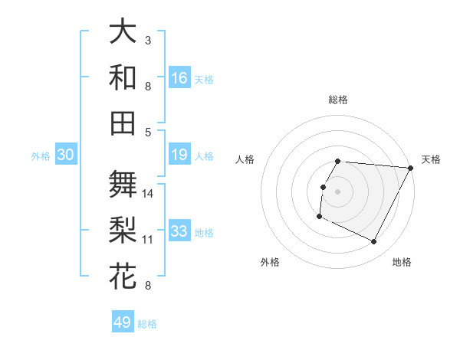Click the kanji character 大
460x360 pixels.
(x=123, y=32)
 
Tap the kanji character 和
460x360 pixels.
(x=123, y=78)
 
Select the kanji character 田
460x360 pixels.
(x=123, y=123)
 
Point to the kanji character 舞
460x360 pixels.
(x=123, y=185)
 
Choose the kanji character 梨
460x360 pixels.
(x=123, y=231)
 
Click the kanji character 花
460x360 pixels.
(x=123, y=277)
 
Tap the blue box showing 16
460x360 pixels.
(x=179, y=78)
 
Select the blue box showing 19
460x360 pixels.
(x=179, y=155)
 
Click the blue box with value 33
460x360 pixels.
(x=179, y=231)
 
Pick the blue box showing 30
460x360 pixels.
(x=65, y=155)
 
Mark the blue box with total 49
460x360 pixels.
(x=123, y=322)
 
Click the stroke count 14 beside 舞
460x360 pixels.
(x=148, y=193)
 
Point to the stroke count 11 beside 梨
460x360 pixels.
(x=148, y=239)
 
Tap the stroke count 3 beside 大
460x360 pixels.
(x=148, y=40)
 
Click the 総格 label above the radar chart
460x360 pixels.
(x=338, y=100)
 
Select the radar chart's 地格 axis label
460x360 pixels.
(x=402, y=262)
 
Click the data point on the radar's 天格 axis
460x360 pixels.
(x=411, y=168)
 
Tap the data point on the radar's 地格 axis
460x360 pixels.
(x=374, y=242)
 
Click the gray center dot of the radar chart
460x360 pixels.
(x=338, y=191)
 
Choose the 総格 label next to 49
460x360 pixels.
(x=147, y=324)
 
